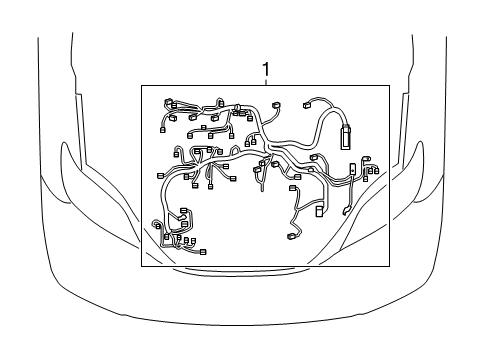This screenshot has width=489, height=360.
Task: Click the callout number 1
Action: [x=266, y=69]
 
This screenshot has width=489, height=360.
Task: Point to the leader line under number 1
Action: [x=266, y=81]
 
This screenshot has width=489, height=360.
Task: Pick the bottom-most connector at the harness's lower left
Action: [x=203, y=251]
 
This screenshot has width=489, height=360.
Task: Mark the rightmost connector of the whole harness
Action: [x=377, y=171]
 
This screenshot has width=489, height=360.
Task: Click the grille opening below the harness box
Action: [x=244, y=271]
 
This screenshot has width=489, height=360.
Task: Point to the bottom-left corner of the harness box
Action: [x=141, y=266]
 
